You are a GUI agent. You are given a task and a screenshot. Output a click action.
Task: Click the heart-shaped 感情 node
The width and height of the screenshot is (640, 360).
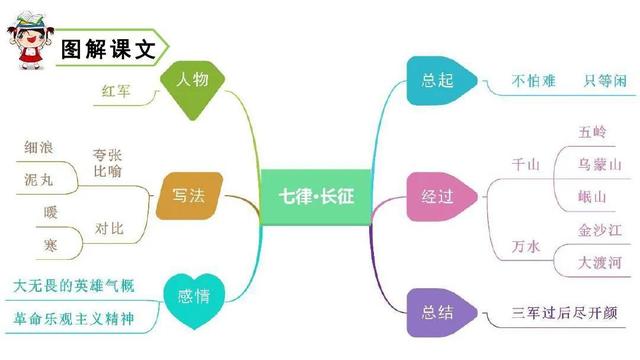pyautogui.click(x=193, y=296)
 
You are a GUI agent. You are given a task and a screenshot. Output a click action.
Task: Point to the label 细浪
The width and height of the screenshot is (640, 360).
pyautogui.click(x=39, y=147)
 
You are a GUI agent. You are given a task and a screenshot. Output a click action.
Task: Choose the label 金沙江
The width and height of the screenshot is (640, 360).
pyautogui.click(x=600, y=231)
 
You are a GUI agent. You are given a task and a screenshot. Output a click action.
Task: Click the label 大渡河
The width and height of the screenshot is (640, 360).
pyautogui.click(x=600, y=263)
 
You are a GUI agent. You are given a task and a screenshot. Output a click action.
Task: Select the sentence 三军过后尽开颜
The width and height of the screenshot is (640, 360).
pyautogui.click(x=569, y=313)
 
